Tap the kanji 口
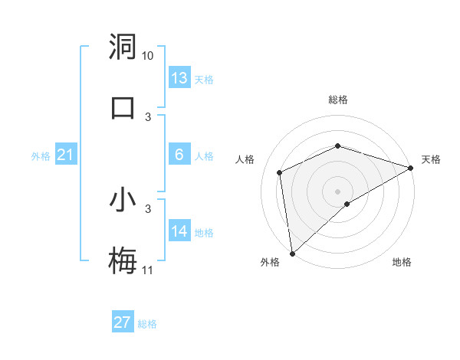(x=123, y=106)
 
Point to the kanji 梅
(x=123, y=261)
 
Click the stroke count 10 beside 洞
(x=148, y=56)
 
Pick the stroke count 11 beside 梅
(x=148, y=270)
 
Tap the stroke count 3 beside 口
(x=149, y=116)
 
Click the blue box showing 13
(x=179, y=78)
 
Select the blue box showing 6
(x=179, y=155)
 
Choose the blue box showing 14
(x=179, y=231)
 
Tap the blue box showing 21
(x=65, y=155)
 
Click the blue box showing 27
(x=123, y=322)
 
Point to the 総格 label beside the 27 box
(x=147, y=324)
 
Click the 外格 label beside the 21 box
(x=41, y=156)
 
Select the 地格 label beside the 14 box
(x=204, y=233)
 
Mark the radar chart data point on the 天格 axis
(x=411, y=168)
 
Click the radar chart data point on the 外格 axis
(x=292, y=253)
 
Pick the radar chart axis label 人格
(x=245, y=159)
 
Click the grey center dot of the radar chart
(x=337, y=191)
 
